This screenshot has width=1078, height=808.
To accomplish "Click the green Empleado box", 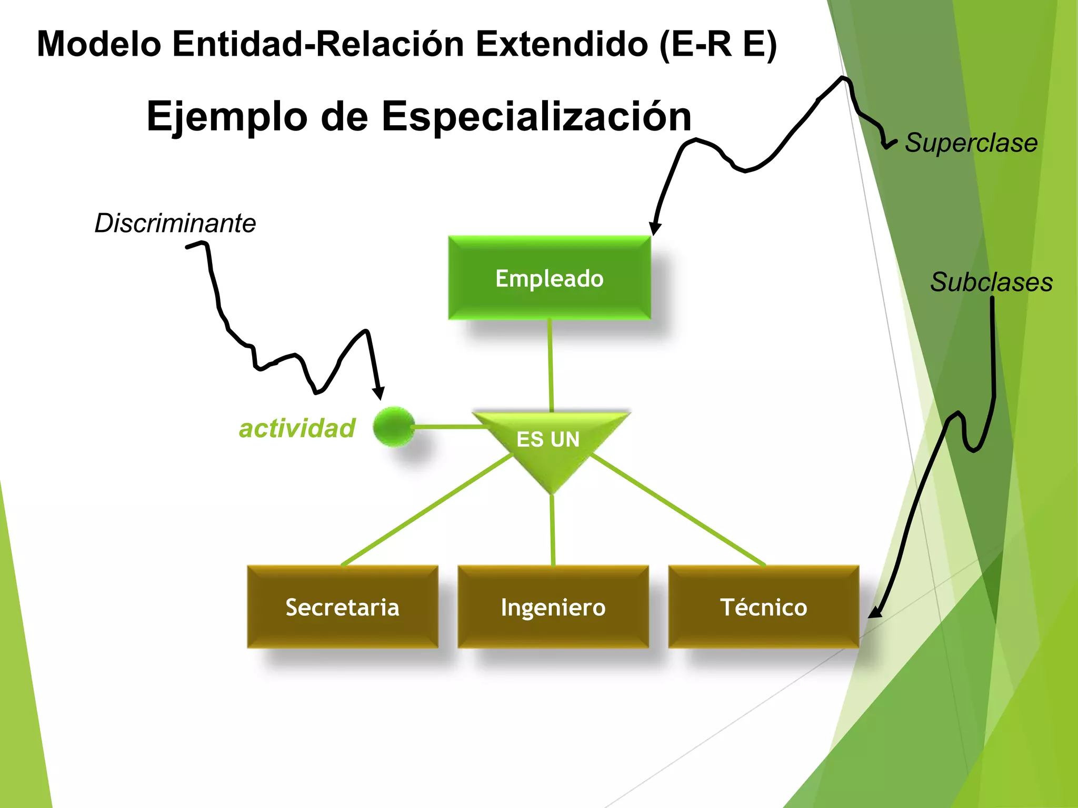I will (x=549, y=278).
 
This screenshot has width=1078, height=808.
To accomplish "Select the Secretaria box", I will (x=342, y=607).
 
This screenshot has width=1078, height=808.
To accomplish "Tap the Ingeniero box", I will (x=553, y=607).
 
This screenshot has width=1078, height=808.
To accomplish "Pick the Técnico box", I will (x=763, y=607).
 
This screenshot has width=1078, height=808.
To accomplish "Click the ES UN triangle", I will (x=550, y=442).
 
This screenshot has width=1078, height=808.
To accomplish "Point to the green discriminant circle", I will (x=394, y=426).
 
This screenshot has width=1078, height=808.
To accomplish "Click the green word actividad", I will (x=297, y=428).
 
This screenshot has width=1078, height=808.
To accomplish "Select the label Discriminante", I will (x=175, y=223).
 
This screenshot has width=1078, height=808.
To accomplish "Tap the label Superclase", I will (x=971, y=143).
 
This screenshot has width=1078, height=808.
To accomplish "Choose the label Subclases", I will (x=991, y=282).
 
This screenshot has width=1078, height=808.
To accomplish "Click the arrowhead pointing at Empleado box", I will (x=654, y=228).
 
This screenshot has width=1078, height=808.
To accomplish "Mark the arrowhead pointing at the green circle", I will (x=378, y=393).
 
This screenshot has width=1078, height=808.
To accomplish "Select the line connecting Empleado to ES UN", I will (x=551, y=366).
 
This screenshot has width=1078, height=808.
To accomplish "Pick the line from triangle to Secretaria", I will (x=426, y=510).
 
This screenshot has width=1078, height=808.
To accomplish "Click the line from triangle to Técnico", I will (x=679, y=510).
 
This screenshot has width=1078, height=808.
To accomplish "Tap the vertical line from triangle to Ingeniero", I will (x=553, y=529).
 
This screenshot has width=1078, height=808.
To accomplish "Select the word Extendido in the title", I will (x=562, y=44).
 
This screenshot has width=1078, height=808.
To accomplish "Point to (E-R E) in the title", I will (x=718, y=44).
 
